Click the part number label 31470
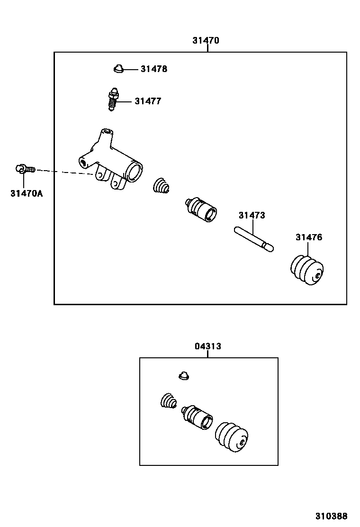pyautogui.click(x=206, y=40)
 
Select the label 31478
pyautogui.click(x=153, y=69)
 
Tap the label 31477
pyautogui.click(x=148, y=101)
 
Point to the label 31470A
pyautogui.click(x=27, y=193)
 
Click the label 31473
pyautogui.click(x=252, y=215)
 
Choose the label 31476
pyautogui.click(x=309, y=237)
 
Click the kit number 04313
pyautogui.click(x=208, y=346)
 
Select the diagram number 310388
pyautogui.click(x=332, y=516)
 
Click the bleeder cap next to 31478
pyautogui.click(x=118, y=70)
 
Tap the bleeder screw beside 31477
pyautogui.click(x=112, y=100)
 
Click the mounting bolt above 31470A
pyautogui.click(x=24, y=168)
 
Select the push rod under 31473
pyautogui.click(x=254, y=238)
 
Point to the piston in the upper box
pyautogui.click(x=201, y=209)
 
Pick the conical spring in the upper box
pyautogui.click(x=162, y=185)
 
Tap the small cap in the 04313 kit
pyautogui.click(x=184, y=376)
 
